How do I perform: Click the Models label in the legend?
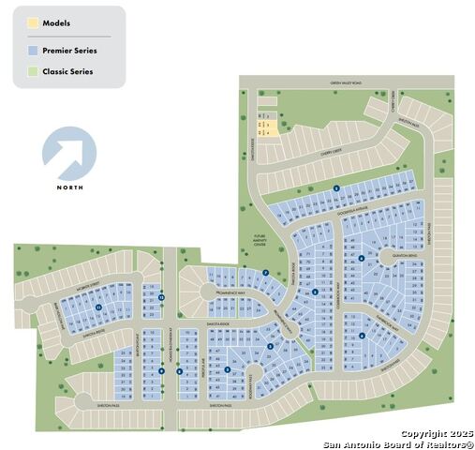(56, 22)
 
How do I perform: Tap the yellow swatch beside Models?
(33, 22)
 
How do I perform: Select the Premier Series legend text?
(69, 50)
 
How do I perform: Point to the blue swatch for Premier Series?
(33, 50)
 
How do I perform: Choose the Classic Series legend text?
(67, 71)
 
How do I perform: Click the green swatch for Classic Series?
(33, 71)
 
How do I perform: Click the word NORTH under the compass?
(69, 187)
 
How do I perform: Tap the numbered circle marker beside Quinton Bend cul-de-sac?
(362, 258)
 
